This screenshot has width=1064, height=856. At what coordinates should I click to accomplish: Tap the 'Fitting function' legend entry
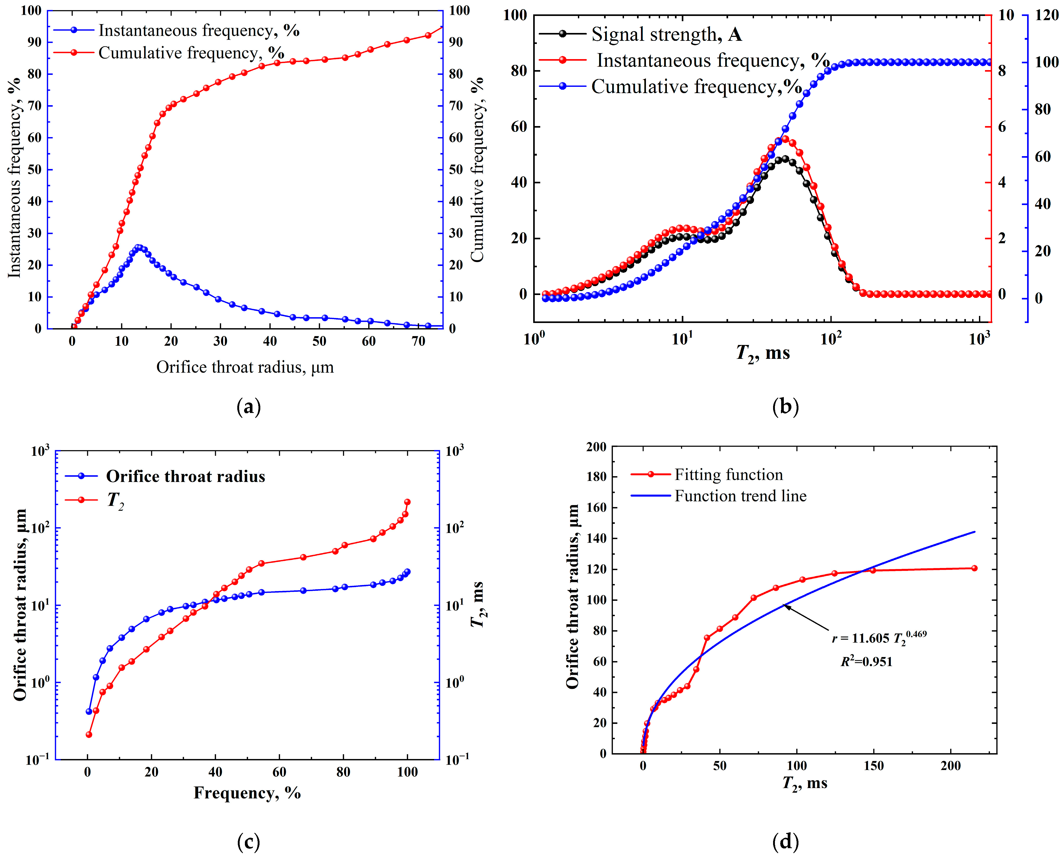(707, 475)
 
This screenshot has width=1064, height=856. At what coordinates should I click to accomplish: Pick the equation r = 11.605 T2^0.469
(880, 637)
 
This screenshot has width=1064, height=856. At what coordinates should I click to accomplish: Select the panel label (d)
(785, 841)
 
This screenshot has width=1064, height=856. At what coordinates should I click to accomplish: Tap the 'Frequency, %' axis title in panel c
(247, 793)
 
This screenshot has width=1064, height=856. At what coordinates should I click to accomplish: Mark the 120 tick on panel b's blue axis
(1046, 15)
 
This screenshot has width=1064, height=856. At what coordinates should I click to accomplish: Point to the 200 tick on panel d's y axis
(596, 447)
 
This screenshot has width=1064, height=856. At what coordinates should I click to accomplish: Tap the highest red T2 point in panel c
(407, 502)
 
